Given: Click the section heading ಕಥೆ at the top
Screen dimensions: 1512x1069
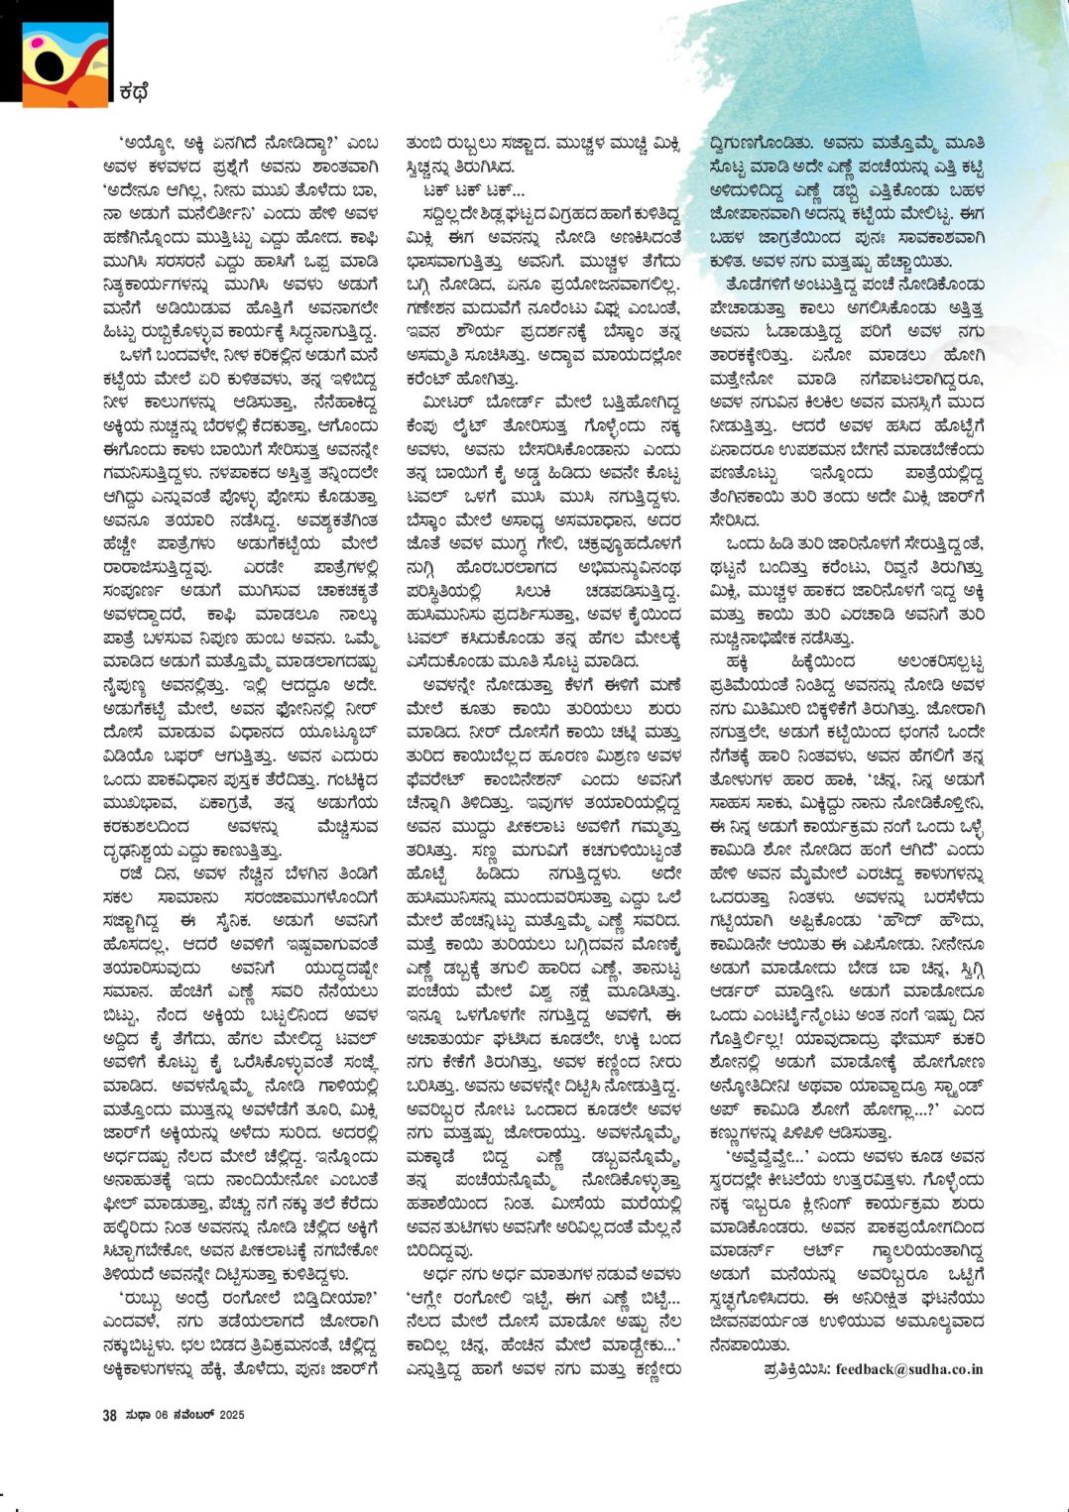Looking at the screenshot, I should (133, 93).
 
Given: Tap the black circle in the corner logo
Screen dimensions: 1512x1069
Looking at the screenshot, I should (49, 64).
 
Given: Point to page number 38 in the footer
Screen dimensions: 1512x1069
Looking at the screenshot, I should (109, 1415).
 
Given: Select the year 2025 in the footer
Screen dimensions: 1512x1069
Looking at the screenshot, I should (232, 1415).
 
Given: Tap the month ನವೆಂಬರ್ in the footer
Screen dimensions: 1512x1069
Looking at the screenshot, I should (194, 1415).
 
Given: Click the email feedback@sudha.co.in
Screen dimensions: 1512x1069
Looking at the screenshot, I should (909, 1368).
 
